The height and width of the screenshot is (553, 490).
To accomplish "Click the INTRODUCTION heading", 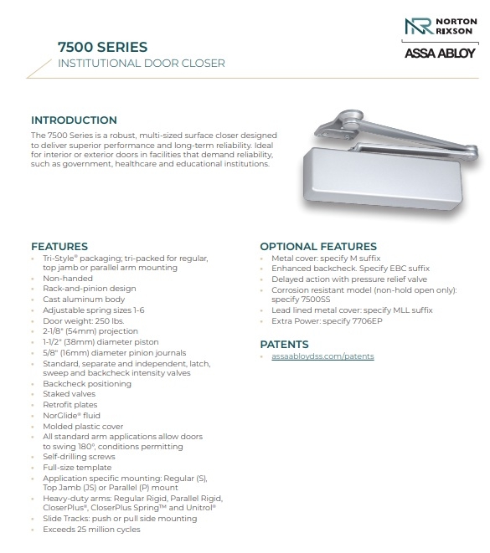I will pos(74,120).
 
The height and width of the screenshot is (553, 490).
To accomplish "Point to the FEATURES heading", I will pos(59,247).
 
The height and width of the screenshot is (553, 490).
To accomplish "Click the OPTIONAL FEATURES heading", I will pos(317,247).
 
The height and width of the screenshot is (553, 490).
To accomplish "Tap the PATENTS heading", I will pos(284,344).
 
